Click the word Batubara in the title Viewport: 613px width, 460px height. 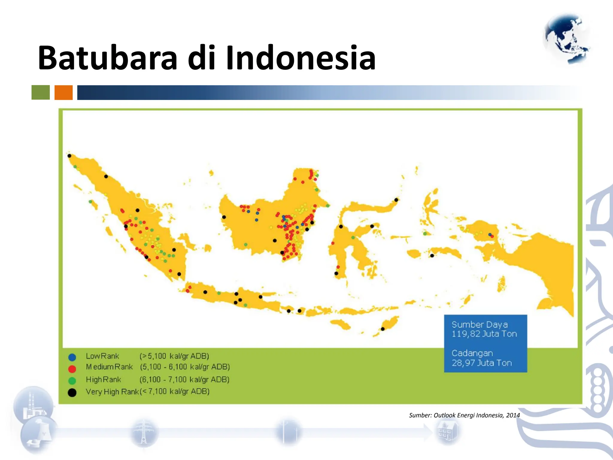(x=108, y=57)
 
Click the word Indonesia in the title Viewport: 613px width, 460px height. (x=301, y=57)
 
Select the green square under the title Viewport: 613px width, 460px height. (x=41, y=92)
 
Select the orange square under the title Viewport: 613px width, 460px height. (x=63, y=92)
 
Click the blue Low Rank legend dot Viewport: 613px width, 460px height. (x=72, y=357)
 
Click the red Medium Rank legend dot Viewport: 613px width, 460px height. (x=72, y=368)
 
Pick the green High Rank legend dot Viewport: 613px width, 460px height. (x=72, y=380)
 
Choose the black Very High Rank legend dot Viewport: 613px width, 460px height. (x=72, y=392)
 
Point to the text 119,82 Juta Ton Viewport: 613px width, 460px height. (x=484, y=334)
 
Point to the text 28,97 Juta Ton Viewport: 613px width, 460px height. (x=482, y=363)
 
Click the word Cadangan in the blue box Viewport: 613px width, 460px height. (x=472, y=353)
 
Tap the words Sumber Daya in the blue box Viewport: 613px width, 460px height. (x=480, y=325)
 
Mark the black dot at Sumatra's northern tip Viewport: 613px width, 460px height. (x=69, y=156)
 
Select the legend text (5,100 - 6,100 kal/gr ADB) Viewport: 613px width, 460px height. (x=185, y=367)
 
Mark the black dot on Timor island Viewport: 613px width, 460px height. (x=383, y=329)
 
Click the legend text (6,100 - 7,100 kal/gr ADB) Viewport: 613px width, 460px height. (x=184, y=379)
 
